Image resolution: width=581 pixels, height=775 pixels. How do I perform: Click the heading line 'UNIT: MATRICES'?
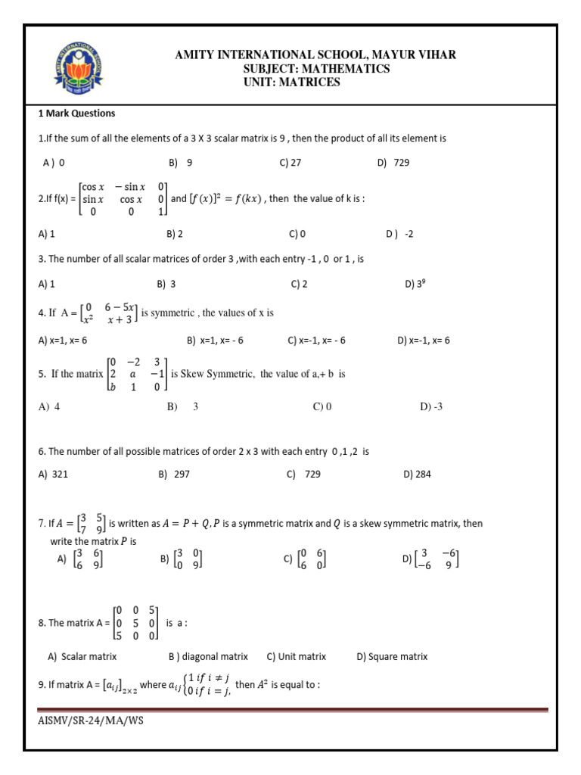click(x=291, y=82)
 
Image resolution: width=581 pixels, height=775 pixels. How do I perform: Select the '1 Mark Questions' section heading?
click(x=77, y=114)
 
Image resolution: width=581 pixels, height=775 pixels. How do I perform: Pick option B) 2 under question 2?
click(x=175, y=234)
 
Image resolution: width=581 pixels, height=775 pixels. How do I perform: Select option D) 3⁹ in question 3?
click(x=414, y=285)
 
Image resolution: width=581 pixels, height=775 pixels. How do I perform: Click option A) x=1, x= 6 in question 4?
click(x=63, y=341)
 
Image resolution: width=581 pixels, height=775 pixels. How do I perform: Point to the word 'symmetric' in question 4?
click(x=173, y=312)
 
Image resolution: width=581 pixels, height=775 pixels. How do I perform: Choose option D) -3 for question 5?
click(x=430, y=406)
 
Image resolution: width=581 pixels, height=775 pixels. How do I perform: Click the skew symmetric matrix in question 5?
click(x=136, y=373)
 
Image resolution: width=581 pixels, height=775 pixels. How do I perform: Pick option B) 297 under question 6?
click(x=175, y=475)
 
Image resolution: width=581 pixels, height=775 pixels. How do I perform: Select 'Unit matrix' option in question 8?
click(x=297, y=656)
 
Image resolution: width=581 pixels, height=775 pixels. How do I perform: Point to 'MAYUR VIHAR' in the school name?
click(x=418, y=55)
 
